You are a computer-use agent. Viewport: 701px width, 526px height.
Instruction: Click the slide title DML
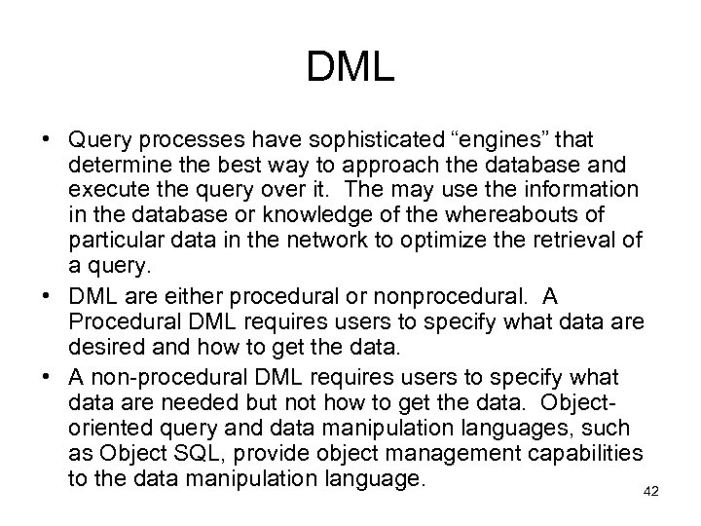pyautogui.click(x=350, y=67)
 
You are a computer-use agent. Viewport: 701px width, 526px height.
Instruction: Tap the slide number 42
pyautogui.click(x=651, y=492)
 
